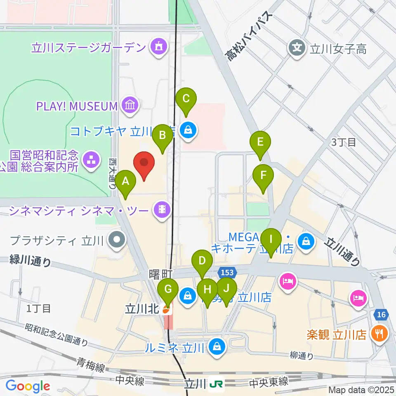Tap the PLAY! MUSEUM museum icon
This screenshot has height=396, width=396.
point(130,106)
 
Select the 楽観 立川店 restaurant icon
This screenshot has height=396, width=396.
point(378,333)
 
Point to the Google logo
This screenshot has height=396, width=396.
point(28,386)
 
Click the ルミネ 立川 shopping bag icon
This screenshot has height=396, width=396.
point(217,347)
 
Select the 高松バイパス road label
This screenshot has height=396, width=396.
point(250,36)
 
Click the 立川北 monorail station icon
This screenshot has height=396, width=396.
point(166,310)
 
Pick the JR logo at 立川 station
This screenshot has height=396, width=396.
point(216,384)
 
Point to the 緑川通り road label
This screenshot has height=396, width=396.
point(31,261)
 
